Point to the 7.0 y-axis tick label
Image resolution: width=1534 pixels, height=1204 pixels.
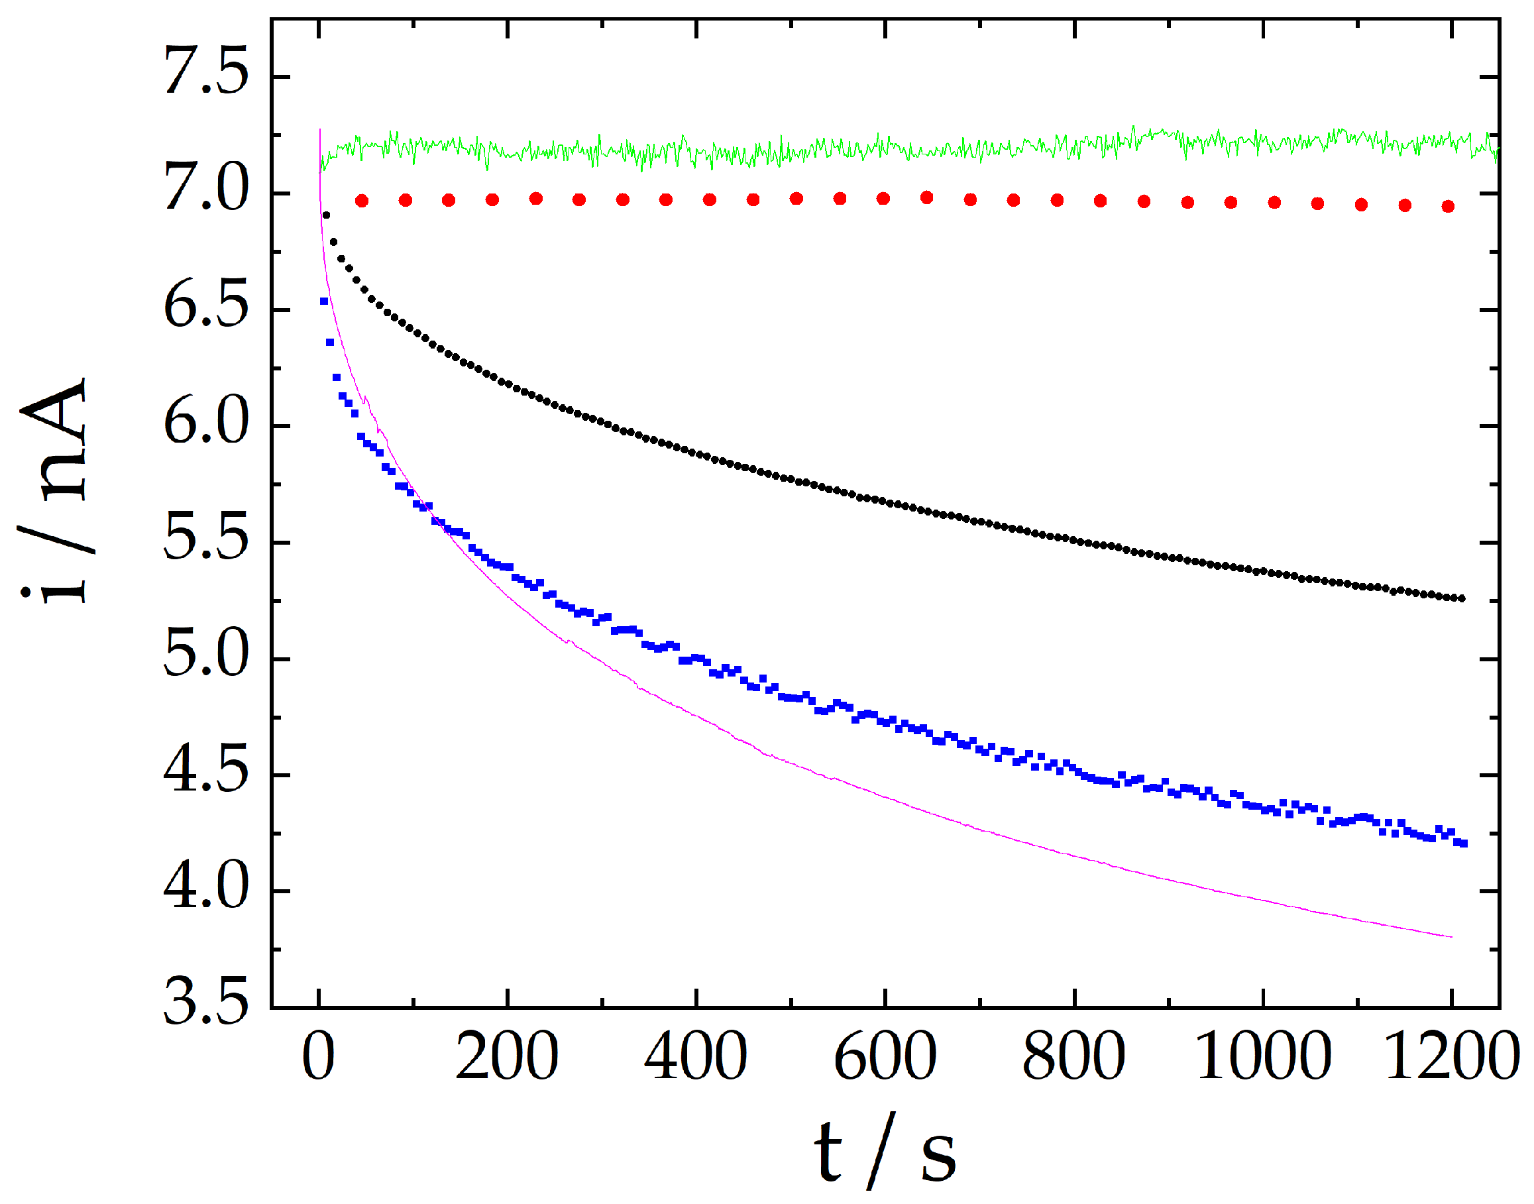click(206, 188)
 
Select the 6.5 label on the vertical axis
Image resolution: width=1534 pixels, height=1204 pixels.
click(206, 305)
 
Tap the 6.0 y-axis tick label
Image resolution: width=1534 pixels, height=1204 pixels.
click(206, 421)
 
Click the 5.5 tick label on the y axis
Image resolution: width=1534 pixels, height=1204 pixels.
click(206, 539)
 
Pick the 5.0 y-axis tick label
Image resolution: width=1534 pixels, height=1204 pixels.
click(206, 655)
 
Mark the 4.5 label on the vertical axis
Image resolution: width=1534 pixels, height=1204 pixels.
click(206, 771)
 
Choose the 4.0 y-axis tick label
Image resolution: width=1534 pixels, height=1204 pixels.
click(206, 887)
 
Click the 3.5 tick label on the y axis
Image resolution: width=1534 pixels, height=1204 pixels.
click(206, 1004)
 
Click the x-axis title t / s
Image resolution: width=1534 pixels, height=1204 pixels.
click(885, 1152)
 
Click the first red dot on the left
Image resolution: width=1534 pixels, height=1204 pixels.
click(362, 201)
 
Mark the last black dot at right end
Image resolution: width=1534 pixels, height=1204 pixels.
click(1461, 598)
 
